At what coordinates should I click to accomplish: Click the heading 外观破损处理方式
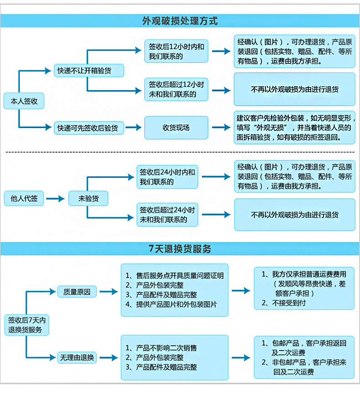click(x=180, y=21)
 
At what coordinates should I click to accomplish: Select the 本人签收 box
click(x=24, y=101)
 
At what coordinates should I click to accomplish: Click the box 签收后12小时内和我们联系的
click(x=176, y=51)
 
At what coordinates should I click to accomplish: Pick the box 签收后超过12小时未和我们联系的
click(x=176, y=89)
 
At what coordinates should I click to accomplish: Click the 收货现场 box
click(x=176, y=128)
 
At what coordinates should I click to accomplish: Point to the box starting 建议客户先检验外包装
click(x=294, y=128)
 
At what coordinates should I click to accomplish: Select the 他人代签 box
click(x=24, y=198)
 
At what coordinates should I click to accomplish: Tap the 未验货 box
click(x=88, y=198)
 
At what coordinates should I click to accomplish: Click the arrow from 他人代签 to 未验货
click(x=56, y=198)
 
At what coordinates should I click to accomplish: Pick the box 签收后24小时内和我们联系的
click(x=168, y=177)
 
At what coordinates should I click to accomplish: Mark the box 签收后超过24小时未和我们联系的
click(x=168, y=215)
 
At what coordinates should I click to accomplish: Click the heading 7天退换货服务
click(x=180, y=249)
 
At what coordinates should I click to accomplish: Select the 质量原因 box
click(x=77, y=292)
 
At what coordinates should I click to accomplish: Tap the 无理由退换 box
click(x=77, y=358)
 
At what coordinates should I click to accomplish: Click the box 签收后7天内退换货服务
click(x=27, y=324)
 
